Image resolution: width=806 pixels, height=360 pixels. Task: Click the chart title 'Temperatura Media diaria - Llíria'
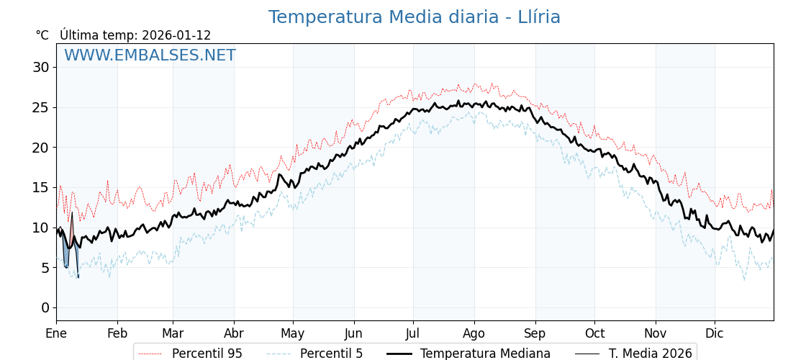pyautogui.click(x=414, y=17)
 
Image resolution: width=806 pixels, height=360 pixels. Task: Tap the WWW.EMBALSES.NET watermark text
pyautogui.click(x=150, y=55)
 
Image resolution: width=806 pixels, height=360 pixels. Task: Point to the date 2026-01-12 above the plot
pyautogui.click(x=176, y=35)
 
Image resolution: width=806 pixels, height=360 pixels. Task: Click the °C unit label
pyautogui.click(x=42, y=35)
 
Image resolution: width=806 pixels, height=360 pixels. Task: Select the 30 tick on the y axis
pyautogui.click(x=40, y=68)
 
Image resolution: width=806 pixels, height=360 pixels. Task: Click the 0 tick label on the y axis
pyautogui.click(x=45, y=307)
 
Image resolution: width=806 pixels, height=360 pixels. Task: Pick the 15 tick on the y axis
pyautogui.click(x=40, y=187)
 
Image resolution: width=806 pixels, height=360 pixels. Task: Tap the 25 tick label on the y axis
pyautogui.click(x=40, y=107)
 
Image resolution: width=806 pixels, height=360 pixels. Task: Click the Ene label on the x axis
pyautogui.click(x=56, y=333)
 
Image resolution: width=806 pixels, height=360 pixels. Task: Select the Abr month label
pyautogui.click(x=234, y=333)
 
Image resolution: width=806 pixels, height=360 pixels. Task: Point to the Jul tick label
pyautogui.click(x=413, y=333)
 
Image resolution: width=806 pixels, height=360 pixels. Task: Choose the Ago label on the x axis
pyautogui.click(x=474, y=333)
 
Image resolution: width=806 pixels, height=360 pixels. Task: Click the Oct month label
pyautogui.click(x=594, y=333)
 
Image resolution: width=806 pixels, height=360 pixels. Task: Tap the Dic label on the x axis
pyautogui.click(x=715, y=333)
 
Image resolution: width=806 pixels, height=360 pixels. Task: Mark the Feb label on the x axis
pyautogui.click(x=117, y=333)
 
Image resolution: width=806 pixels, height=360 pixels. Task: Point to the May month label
pyautogui.click(x=293, y=333)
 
